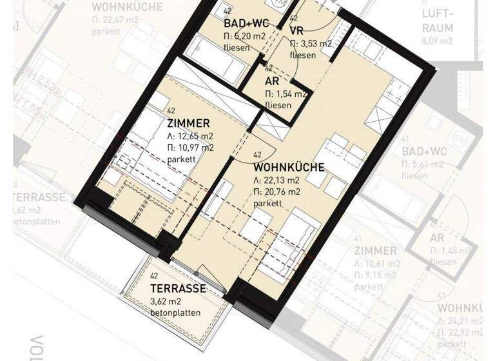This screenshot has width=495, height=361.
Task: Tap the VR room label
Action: [297, 31]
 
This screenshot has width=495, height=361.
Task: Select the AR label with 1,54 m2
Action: [272, 81]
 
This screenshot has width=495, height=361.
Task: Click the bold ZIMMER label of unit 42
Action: [188, 124]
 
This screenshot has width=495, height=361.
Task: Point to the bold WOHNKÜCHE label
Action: [289, 166]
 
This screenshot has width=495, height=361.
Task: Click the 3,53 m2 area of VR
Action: [315, 44]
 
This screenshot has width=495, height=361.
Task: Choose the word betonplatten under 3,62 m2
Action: [175, 313]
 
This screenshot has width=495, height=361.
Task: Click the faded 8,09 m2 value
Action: [438, 40]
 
